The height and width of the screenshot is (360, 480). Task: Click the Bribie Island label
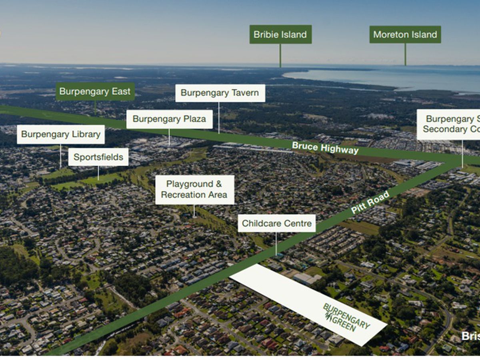coord(280,34)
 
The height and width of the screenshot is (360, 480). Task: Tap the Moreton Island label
coord(405,34)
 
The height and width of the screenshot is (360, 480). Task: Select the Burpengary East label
coord(95,92)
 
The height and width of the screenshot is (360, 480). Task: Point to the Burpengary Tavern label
coord(220,93)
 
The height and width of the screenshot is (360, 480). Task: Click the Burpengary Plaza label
coord(169,119)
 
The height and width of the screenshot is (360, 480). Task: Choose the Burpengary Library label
coord(61,134)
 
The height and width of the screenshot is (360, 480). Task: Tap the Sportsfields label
coord(98,157)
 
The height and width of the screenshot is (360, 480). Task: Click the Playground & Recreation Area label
coord(194,190)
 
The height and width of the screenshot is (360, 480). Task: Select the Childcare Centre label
coord(276,223)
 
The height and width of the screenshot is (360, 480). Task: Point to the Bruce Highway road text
coord(325,148)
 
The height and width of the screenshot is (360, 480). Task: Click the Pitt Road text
coord(370,202)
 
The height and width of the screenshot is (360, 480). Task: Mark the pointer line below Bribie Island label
coord(280,55)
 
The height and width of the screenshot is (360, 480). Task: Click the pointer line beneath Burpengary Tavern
coord(219,118)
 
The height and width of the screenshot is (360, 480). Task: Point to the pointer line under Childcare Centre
coord(276,243)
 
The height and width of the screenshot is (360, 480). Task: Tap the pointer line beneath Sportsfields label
coord(98,173)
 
